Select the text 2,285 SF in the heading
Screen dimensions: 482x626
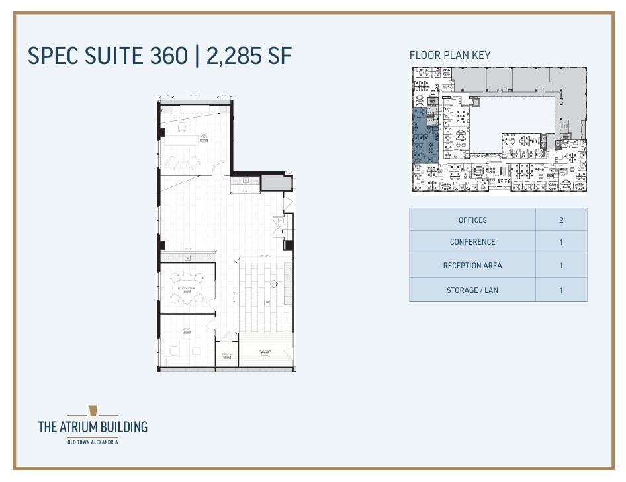(249, 56)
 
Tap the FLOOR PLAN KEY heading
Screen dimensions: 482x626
(450, 55)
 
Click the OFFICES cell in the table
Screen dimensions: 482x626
(472, 220)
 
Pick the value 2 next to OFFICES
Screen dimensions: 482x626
(561, 220)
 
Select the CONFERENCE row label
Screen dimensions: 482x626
(472, 242)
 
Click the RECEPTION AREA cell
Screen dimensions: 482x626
(472, 266)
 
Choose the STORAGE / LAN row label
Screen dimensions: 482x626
(472, 290)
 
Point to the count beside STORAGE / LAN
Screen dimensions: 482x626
(561, 290)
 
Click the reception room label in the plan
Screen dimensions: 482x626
(265, 352)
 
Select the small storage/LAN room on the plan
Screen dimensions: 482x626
(226, 355)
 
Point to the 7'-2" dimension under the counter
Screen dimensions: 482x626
(244, 190)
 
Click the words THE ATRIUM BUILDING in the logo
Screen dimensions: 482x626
(93, 427)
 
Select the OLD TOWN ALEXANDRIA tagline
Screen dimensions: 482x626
(93, 442)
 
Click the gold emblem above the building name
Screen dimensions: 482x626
(93, 411)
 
